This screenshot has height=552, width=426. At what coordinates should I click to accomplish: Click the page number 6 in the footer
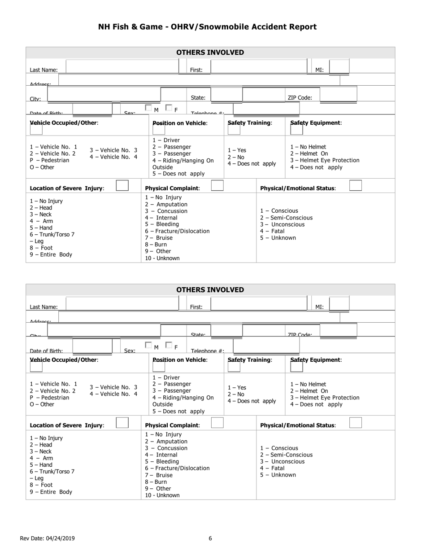point(210,539)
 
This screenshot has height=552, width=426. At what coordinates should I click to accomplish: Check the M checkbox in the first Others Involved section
point(148,108)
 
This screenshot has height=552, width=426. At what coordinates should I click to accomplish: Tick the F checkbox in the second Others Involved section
point(169,345)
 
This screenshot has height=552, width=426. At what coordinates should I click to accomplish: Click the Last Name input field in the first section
point(122,66)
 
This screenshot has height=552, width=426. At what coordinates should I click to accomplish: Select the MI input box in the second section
point(339,303)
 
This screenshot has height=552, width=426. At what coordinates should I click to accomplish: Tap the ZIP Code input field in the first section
point(339,94)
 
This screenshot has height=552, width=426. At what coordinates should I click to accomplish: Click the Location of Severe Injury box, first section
point(122,185)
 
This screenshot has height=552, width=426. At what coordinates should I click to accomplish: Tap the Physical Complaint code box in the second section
point(217,423)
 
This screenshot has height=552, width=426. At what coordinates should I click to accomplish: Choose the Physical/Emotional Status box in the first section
point(355,185)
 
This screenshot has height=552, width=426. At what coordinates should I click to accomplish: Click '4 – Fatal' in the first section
point(272,231)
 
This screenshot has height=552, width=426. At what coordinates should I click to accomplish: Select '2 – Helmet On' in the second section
point(309,391)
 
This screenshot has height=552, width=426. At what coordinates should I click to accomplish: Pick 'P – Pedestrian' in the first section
point(50,160)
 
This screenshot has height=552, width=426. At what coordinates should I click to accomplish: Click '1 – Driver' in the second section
point(166,378)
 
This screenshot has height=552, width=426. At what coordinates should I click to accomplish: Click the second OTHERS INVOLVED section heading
point(210,290)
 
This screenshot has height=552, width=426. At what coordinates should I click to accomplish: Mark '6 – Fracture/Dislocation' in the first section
point(177,231)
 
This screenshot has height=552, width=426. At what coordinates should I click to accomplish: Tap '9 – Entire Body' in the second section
point(51,492)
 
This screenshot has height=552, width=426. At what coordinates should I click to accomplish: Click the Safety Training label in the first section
point(250,123)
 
